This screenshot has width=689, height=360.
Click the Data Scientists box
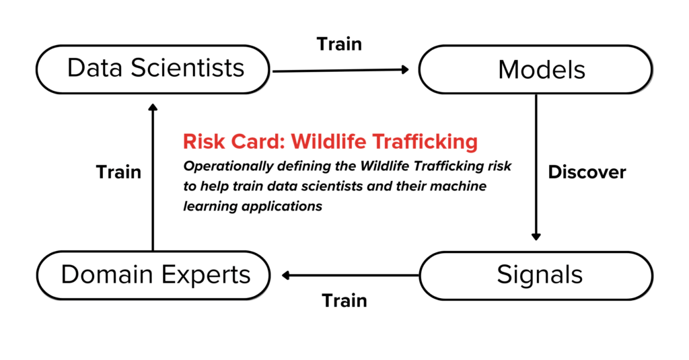153,69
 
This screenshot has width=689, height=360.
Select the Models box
536,69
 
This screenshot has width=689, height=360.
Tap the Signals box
536,275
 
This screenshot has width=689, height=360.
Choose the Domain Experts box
153,275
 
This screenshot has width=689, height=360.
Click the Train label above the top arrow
339,44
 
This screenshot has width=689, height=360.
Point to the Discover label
587,172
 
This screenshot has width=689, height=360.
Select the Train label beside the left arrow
118,172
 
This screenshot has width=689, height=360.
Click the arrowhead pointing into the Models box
406,69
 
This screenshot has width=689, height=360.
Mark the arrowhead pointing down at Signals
536,236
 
